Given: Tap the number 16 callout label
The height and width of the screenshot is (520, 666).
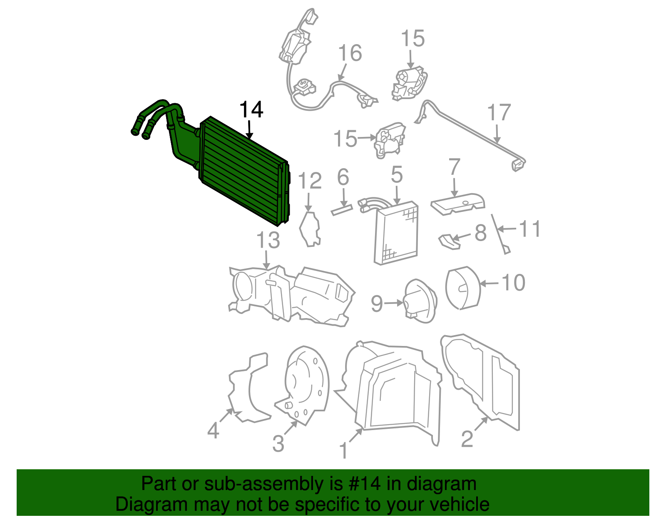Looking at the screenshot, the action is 350,53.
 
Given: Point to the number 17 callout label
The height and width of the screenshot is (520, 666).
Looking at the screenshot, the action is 499,112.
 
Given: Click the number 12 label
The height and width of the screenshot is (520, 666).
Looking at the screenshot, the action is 310,181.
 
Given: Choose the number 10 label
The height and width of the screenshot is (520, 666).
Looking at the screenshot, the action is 513,283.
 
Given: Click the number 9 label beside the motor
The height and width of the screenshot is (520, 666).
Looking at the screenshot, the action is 377,304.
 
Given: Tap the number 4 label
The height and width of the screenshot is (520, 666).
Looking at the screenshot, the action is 213,430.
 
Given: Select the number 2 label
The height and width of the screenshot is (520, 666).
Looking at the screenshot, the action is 467,439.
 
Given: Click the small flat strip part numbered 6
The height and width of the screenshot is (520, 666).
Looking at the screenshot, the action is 342,210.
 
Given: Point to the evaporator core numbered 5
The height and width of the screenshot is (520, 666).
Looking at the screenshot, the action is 396,232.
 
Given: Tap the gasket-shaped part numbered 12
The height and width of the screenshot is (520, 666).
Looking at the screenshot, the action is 310,229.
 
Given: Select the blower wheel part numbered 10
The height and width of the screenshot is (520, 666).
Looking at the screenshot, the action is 463,288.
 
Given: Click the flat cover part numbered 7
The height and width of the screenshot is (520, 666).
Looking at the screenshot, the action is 458,204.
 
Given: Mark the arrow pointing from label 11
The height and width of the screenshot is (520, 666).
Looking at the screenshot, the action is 508,229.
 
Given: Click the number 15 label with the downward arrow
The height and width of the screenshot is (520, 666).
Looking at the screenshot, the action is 413,39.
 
